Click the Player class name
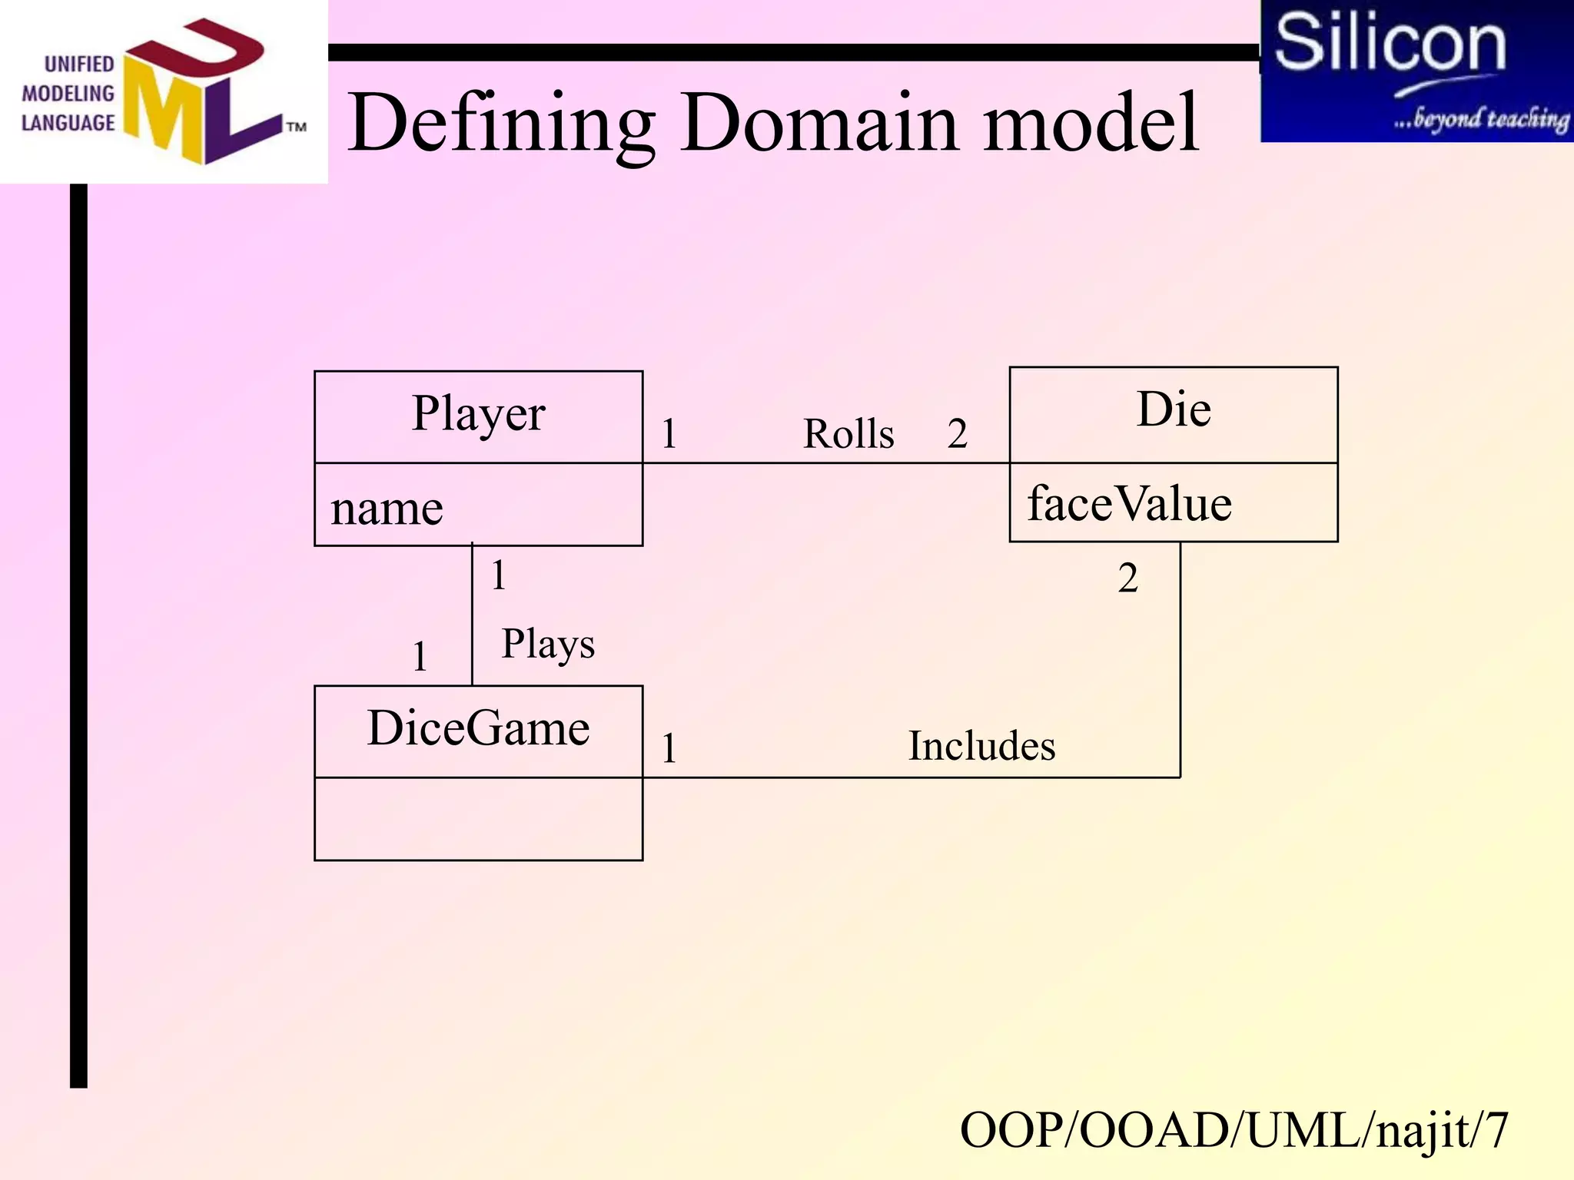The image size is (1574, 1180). [x=478, y=415]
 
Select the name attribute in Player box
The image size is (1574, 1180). [x=387, y=509]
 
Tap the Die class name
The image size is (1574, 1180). [x=1174, y=410]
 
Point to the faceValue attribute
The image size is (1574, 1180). [x=1129, y=505]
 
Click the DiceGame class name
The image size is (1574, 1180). [x=478, y=728]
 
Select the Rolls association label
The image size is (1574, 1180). [x=848, y=434]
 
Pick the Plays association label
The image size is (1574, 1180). [x=548, y=644]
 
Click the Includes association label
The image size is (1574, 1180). [x=981, y=746]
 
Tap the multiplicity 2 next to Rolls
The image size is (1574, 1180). [x=957, y=434]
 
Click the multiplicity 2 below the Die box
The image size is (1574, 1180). [x=1127, y=578]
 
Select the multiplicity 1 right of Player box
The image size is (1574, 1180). [x=669, y=434]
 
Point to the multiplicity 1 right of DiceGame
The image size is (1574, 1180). [x=669, y=748]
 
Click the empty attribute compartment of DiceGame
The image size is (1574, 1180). [x=478, y=819]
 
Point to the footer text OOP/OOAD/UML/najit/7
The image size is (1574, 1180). [x=1234, y=1130]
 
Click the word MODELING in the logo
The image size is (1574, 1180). [x=68, y=94]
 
